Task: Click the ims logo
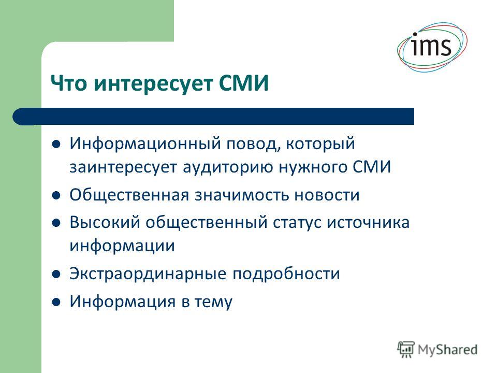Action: point(432,47)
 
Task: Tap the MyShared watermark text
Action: point(447,350)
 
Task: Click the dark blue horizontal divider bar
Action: point(213,117)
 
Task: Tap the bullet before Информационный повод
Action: point(56,145)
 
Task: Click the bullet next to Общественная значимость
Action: point(56,196)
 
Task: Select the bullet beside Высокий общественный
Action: point(56,223)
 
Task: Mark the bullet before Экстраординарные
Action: point(56,274)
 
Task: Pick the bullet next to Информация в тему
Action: point(56,302)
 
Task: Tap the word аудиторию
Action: point(228,168)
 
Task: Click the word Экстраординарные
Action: point(148,274)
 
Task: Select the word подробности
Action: point(286,274)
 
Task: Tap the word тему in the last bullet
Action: point(213,302)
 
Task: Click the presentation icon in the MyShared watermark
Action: point(406,350)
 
